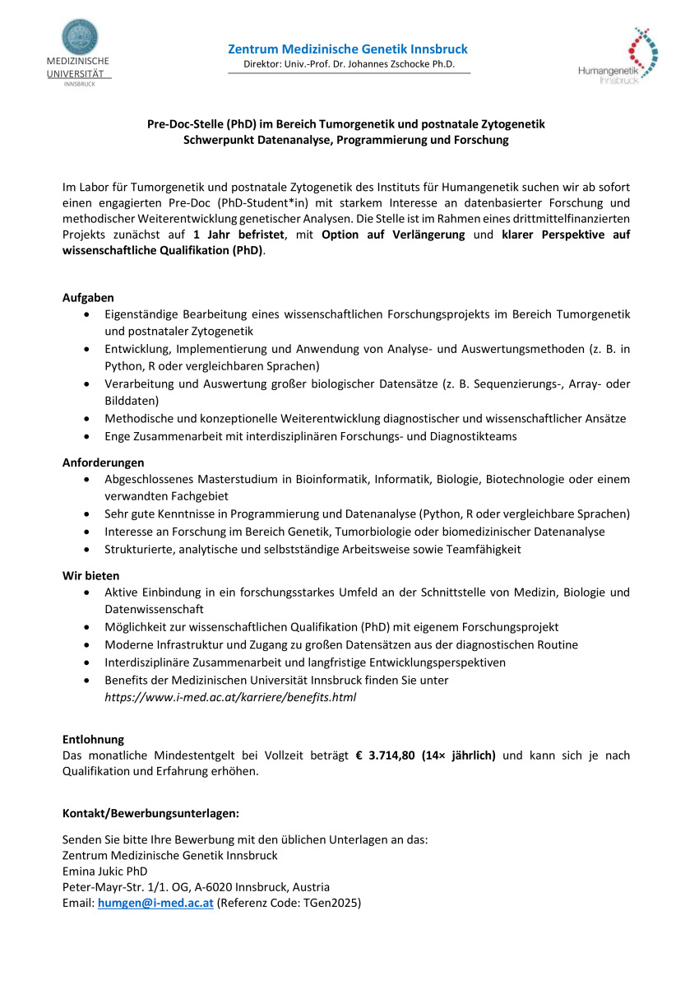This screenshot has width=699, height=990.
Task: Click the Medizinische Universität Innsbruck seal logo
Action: point(80,37)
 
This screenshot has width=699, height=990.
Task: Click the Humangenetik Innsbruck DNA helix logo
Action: point(643,51)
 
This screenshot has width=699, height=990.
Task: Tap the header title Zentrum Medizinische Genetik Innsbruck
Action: point(348,50)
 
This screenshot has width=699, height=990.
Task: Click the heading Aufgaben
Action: point(88,297)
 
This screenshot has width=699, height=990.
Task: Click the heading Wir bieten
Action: point(90,575)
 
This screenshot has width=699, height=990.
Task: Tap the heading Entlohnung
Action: point(93,739)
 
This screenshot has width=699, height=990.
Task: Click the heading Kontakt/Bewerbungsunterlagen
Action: point(150,813)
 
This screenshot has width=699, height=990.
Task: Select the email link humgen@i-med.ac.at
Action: point(155,903)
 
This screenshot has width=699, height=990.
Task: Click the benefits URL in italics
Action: point(230,697)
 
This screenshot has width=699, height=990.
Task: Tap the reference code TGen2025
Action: point(332,903)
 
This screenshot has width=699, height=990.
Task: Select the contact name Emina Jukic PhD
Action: point(105,871)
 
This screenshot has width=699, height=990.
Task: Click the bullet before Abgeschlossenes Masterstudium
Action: point(88,479)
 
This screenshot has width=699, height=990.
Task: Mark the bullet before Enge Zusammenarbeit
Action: point(88,436)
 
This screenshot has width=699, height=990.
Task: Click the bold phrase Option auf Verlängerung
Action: point(393,235)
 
